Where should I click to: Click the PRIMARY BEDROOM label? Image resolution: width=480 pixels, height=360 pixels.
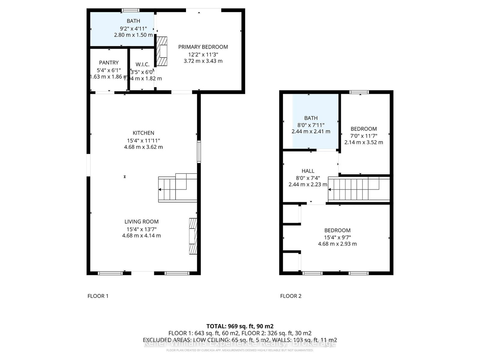pyautogui.click(x=203, y=47)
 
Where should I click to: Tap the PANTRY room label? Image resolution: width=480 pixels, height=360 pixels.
pyautogui.click(x=109, y=62)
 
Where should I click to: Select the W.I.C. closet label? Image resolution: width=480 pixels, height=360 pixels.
pyautogui.click(x=142, y=64)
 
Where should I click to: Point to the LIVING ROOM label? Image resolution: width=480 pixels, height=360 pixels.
pyautogui.click(x=141, y=221)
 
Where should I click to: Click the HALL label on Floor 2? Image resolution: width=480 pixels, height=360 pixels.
pyautogui.click(x=308, y=171)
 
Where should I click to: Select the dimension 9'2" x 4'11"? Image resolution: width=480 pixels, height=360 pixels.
pyautogui.click(x=133, y=28)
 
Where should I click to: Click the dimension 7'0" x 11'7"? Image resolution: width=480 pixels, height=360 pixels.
pyautogui.click(x=364, y=136)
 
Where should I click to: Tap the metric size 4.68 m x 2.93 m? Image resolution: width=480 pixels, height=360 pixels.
pyautogui.click(x=337, y=244)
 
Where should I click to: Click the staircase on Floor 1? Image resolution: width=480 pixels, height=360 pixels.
pyautogui.click(x=177, y=188)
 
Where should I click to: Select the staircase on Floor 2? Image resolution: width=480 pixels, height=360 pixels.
pyautogui.click(x=358, y=189)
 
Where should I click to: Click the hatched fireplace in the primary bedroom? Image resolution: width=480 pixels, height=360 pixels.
pyautogui.click(x=162, y=51)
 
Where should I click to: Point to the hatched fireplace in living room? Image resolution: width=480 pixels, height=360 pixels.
pyautogui.click(x=193, y=236)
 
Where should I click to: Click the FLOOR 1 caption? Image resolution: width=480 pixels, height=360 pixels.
pyautogui.click(x=98, y=296)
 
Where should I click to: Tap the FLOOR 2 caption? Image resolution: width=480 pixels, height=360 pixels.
pyautogui.click(x=290, y=296)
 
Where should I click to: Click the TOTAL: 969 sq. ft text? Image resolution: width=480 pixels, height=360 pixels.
pyautogui.click(x=240, y=326)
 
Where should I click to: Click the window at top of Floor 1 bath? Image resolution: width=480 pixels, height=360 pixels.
pyautogui.click(x=130, y=10)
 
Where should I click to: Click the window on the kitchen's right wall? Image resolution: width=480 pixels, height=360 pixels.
pyautogui.click(x=199, y=152)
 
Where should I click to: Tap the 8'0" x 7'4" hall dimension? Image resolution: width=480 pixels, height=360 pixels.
pyautogui.click(x=308, y=178)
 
